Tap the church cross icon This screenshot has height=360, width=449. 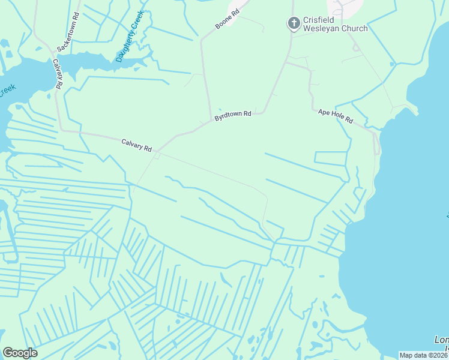tap(294, 23)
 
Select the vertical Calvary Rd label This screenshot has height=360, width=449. tap(58, 74)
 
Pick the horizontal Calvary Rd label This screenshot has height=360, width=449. tap(137, 145)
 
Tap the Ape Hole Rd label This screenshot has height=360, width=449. tap(336, 116)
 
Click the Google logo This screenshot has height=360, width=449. tap(20, 353)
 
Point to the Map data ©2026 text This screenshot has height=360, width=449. tap(424, 355)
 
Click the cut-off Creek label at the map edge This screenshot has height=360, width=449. tap(7, 91)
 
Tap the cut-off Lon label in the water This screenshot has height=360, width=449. tap(441, 340)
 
